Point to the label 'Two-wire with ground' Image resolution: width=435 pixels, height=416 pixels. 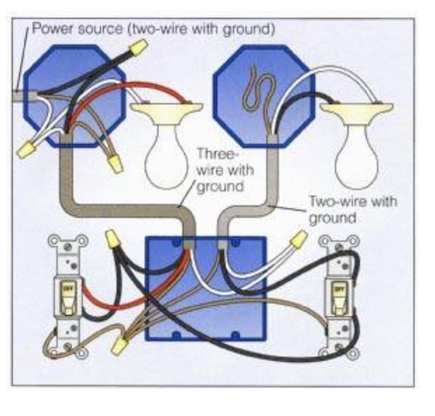[352, 209]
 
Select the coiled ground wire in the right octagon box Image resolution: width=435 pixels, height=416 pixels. [254, 91]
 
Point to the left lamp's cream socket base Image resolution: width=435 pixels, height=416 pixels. [166, 110]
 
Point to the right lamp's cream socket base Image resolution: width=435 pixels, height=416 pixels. [357, 110]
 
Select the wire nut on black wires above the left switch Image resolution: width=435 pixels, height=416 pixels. [112, 239]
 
